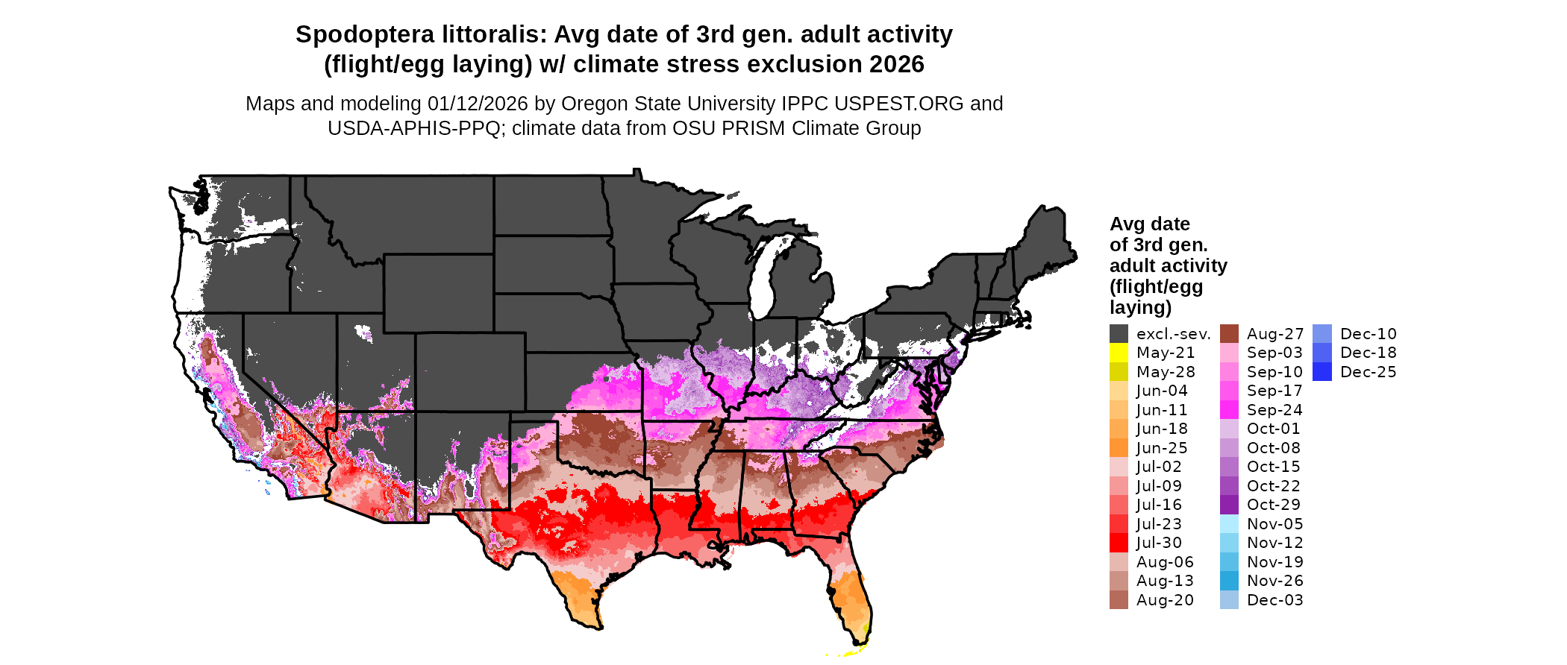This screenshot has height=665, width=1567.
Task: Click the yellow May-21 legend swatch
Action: tap(1119, 353)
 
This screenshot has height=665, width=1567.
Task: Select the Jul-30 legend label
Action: tap(1159, 543)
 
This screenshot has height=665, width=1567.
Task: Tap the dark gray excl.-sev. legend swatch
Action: tap(1119, 334)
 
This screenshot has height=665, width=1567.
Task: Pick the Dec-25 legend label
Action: tap(1368, 372)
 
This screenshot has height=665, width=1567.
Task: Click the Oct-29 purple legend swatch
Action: tap(1229, 505)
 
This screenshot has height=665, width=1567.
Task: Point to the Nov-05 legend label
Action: tap(1274, 524)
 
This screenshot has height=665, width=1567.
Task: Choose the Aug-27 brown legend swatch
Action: tap(1229, 334)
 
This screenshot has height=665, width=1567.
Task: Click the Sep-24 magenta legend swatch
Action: tap(1229, 410)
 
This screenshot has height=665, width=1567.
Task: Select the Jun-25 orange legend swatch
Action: tap(1119, 448)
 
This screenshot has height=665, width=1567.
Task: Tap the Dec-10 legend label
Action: tap(1368, 334)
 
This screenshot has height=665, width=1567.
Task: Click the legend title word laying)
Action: tap(1140, 307)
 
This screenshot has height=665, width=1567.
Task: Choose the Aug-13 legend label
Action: tap(1165, 581)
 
